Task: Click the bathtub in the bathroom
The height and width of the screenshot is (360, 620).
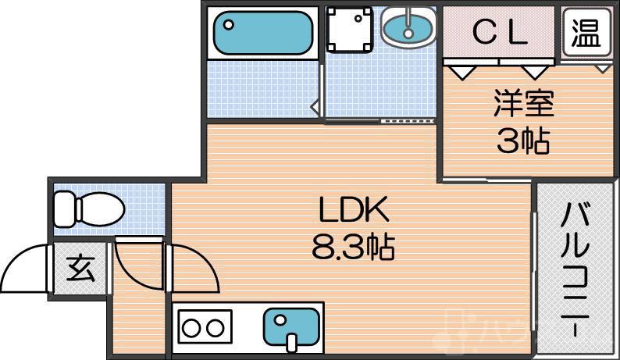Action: tap(263, 33)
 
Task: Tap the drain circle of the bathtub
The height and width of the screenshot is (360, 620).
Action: tap(229, 24)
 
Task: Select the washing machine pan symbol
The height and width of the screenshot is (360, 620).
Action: tap(350, 29)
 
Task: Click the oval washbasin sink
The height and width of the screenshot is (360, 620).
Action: tap(409, 27)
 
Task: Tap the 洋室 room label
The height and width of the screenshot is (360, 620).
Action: tap(523, 104)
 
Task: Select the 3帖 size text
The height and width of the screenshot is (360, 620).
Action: tap(523, 141)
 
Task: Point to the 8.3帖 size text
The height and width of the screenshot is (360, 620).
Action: tap(353, 247)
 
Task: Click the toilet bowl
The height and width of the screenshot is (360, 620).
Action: tap(102, 209)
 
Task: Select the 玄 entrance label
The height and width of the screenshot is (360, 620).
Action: tap(81, 269)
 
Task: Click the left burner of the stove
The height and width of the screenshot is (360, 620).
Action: tap(191, 328)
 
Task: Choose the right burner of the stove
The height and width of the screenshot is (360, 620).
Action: tap(216, 328)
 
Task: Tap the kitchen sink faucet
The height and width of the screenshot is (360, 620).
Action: tap(291, 343)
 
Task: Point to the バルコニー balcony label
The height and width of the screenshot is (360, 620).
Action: tap(575, 269)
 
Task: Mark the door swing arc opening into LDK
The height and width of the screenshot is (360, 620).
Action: tap(204, 262)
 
